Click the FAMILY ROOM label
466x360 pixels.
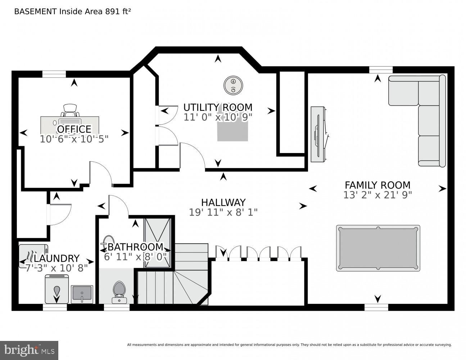tap(377, 185)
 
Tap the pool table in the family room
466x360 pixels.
tap(378, 248)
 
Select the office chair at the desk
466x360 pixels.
tap(69, 109)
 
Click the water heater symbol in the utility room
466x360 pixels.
tap(233, 85)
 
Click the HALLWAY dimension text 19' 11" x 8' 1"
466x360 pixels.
tap(223, 212)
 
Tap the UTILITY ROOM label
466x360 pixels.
tap(218, 107)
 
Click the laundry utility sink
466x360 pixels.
tap(82, 294)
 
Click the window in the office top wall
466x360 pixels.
tap(54, 74)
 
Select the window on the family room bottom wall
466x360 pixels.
tap(376, 307)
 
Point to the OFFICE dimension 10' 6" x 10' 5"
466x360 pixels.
tap(74, 139)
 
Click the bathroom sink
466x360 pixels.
tap(108, 241)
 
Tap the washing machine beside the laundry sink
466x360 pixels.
tap(56, 289)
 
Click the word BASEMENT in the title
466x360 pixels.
tap(35, 11)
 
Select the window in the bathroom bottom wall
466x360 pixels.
tap(117, 307)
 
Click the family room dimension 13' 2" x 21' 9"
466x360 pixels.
tap(377, 195)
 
